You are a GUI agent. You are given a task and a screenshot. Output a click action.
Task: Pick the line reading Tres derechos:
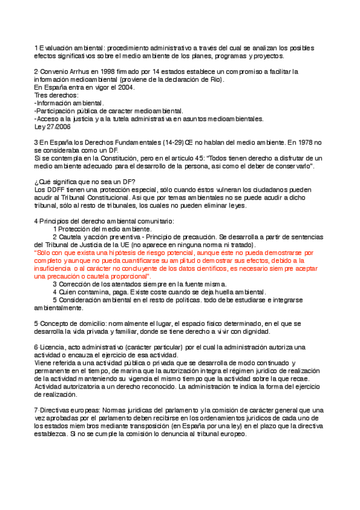[56, 95]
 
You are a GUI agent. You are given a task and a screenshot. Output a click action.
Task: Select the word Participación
[57, 111]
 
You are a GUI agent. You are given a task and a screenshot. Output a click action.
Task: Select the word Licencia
[51, 347]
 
